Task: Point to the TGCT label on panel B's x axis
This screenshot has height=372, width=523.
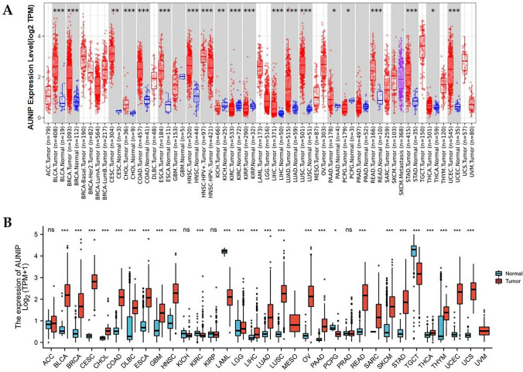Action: tap(394, 359)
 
